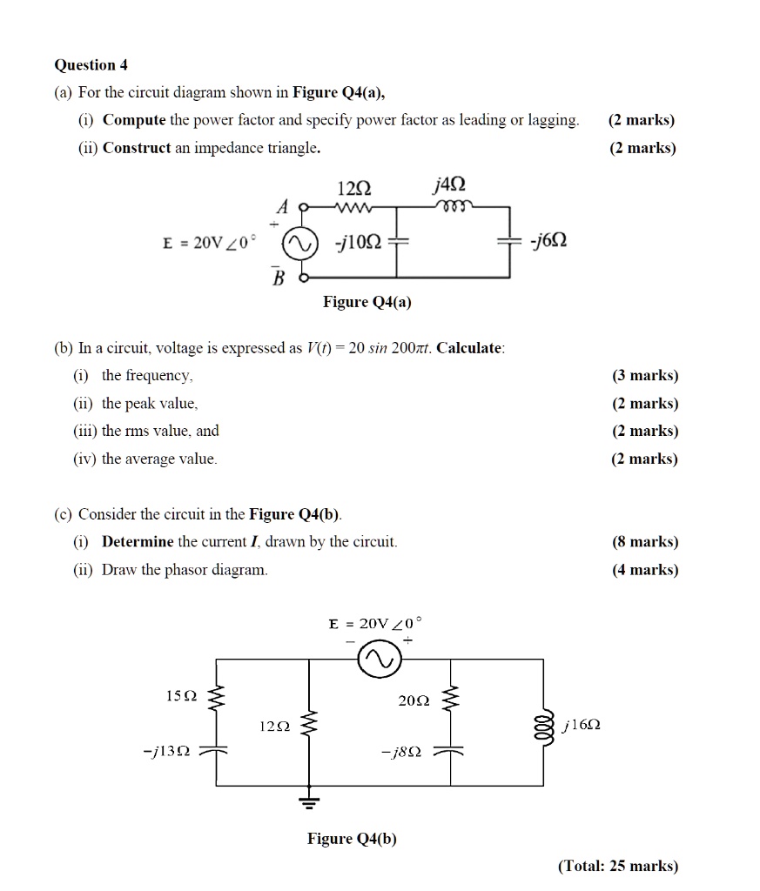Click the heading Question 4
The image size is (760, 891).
pyautogui.click(x=84, y=65)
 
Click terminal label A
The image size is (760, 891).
pyautogui.click(x=281, y=206)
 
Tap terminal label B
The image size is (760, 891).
pyautogui.click(x=279, y=277)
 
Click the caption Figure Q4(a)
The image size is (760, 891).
pyautogui.click(x=367, y=302)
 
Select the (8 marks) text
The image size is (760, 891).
pyautogui.click(x=644, y=542)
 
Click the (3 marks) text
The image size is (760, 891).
pyautogui.click(x=644, y=376)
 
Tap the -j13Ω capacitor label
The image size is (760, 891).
pyautogui.click(x=170, y=751)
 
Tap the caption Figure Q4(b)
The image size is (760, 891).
pyautogui.click(x=352, y=839)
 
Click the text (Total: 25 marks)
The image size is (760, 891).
pyautogui.click(x=617, y=865)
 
